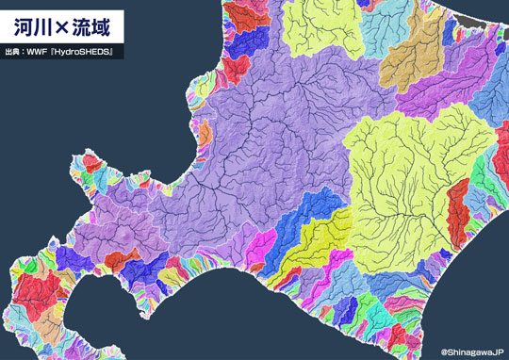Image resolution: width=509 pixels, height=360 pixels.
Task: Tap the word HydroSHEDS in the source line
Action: click(85, 52)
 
